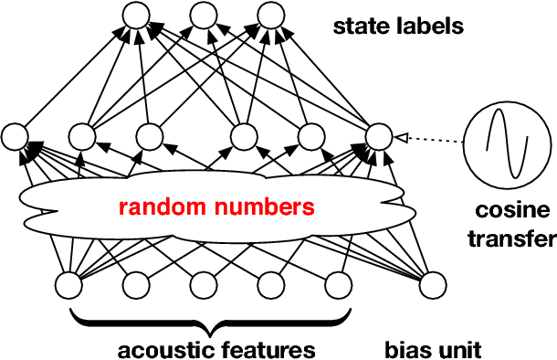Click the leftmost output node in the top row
[x=135, y=16]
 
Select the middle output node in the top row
[x=203, y=16]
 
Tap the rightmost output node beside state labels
[x=270, y=16]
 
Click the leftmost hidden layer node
[x=16, y=137]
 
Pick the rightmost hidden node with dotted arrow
[x=378, y=137]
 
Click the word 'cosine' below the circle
[x=513, y=212]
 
